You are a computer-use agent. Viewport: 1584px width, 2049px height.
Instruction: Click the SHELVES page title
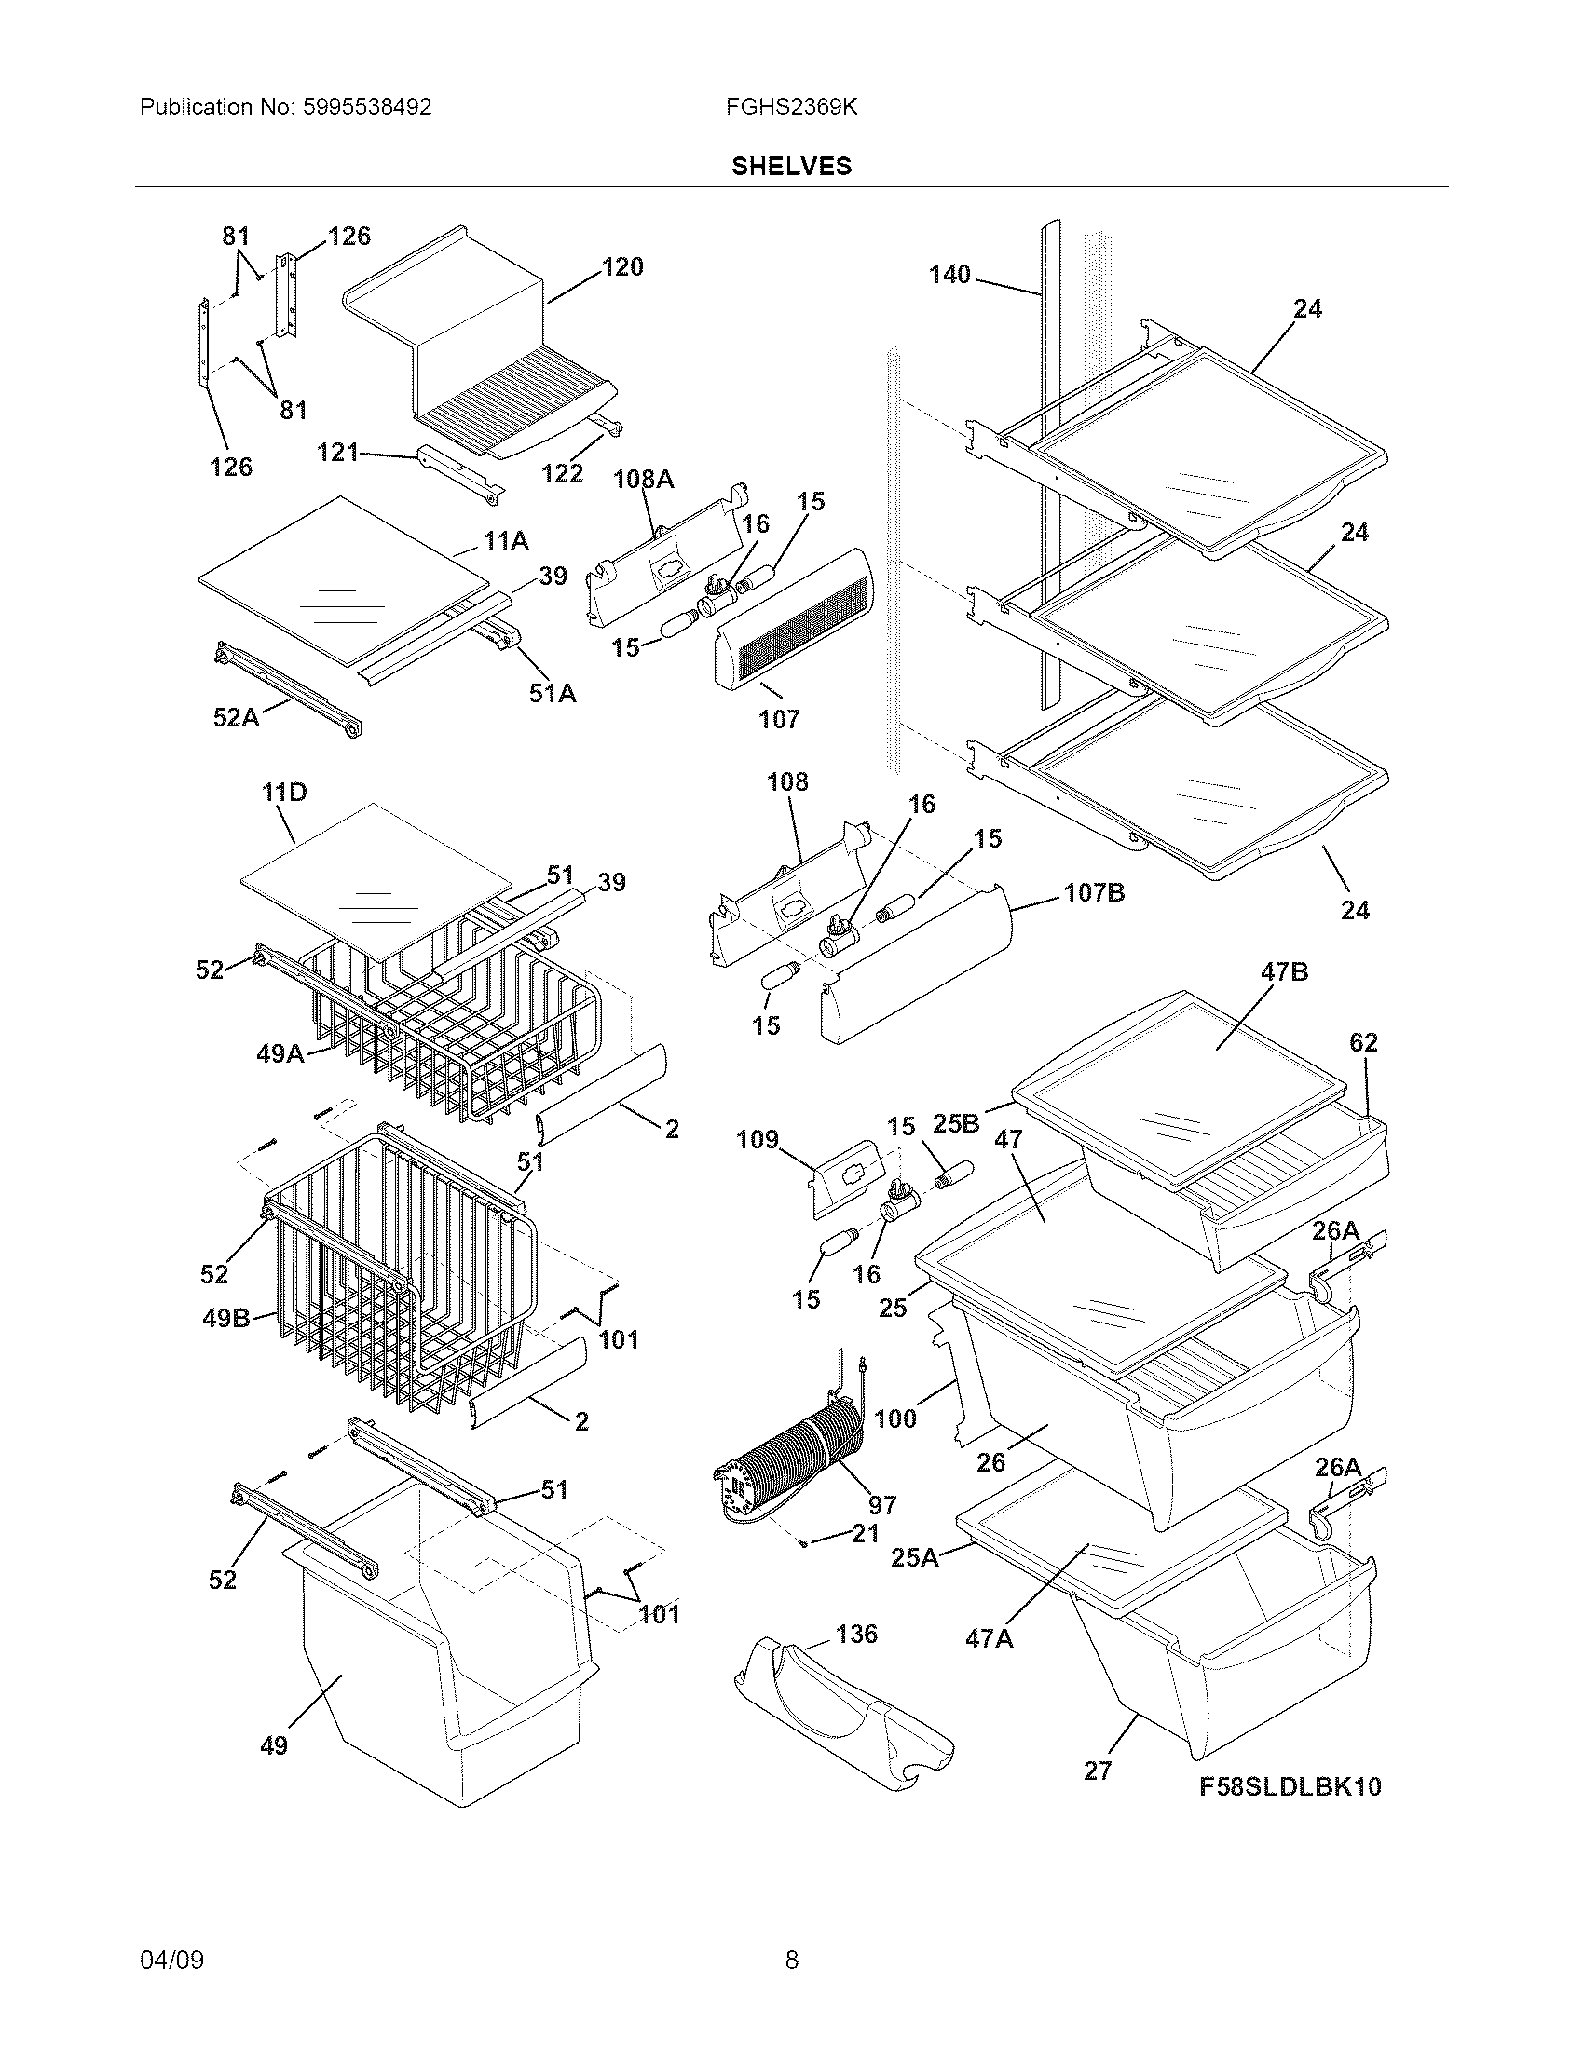point(791,166)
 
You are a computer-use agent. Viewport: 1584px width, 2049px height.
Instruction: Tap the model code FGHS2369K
point(791,107)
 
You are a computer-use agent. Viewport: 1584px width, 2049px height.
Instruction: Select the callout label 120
point(622,267)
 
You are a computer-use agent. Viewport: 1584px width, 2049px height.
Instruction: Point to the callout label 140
point(949,274)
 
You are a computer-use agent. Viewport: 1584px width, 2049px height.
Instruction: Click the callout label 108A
point(644,480)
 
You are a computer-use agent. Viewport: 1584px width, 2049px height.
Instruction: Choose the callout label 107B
point(1094,892)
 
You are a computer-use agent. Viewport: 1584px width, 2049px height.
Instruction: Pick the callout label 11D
point(284,793)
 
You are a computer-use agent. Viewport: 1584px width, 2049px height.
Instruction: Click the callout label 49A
point(280,1054)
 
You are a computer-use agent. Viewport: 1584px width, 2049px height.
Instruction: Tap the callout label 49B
point(226,1318)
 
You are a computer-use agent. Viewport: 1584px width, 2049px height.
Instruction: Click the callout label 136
point(855,1635)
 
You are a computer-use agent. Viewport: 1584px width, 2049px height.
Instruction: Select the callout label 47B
point(1284,972)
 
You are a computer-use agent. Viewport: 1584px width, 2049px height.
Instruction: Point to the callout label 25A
point(914,1558)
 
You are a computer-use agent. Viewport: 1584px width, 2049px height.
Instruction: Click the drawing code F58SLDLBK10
point(1290,1787)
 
